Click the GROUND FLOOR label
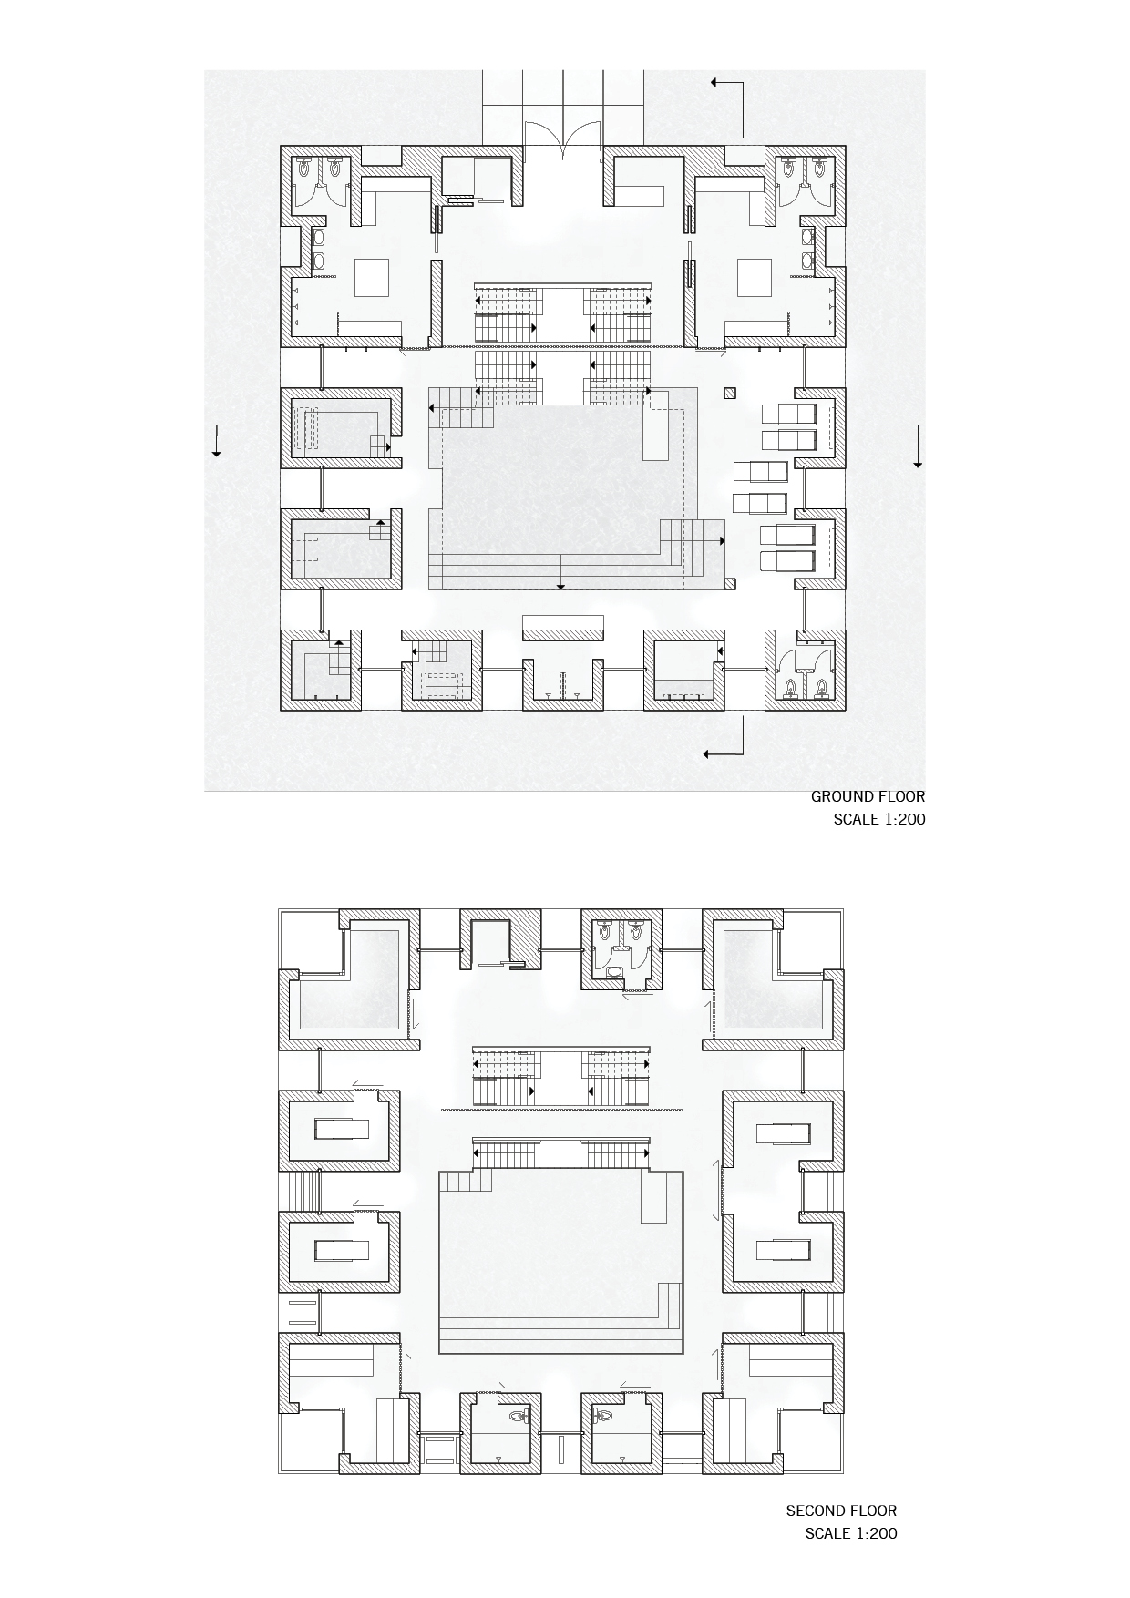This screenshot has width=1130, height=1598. (x=868, y=796)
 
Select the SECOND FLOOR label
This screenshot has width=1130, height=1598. (x=841, y=1511)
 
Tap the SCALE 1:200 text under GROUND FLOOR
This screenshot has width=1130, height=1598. (x=879, y=819)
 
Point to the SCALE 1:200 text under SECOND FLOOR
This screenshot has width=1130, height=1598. (x=851, y=1533)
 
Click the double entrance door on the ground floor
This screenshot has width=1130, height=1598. (x=562, y=141)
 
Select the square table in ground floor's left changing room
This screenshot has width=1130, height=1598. (x=372, y=277)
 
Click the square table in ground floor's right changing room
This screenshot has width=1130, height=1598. (x=755, y=277)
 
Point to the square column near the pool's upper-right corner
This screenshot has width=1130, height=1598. (x=728, y=394)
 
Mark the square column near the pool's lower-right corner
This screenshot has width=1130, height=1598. (x=728, y=583)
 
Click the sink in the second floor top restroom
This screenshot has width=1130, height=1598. (x=616, y=970)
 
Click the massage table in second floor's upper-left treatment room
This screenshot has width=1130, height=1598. (x=342, y=1130)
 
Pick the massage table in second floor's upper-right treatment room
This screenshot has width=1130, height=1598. (x=782, y=1132)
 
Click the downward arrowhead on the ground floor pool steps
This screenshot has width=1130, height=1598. (x=560, y=586)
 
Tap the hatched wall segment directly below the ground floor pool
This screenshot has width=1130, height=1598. (x=562, y=629)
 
